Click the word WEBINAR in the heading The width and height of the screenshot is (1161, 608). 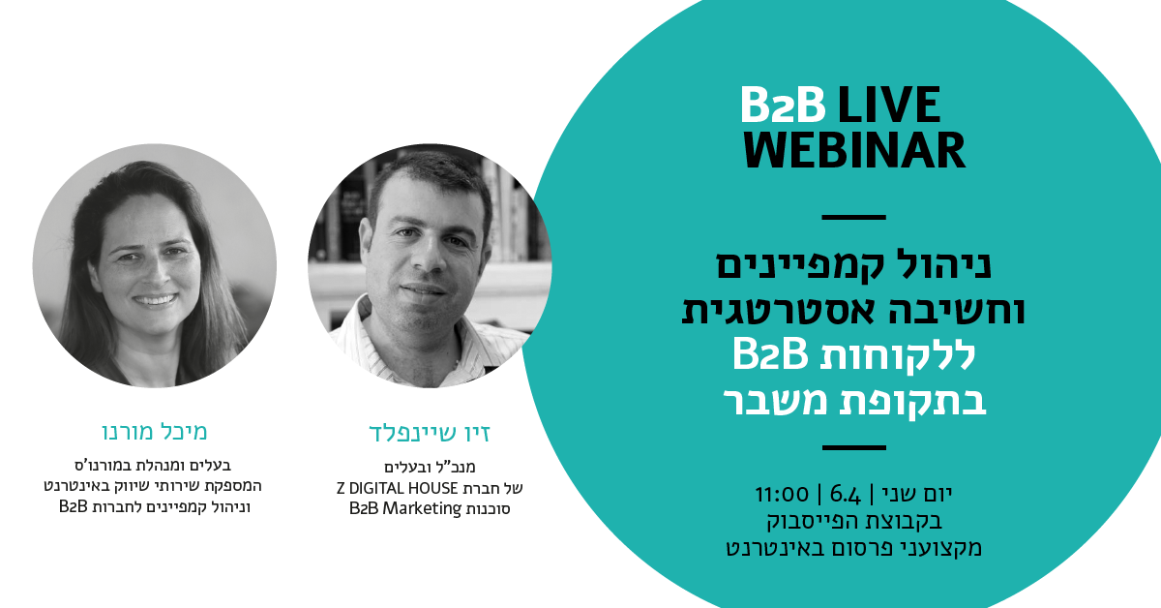tap(854, 150)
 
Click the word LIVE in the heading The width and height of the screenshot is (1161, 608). tap(889, 105)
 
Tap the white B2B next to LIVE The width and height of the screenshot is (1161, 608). tap(783, 105)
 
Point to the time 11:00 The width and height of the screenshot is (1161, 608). tap(782, 495)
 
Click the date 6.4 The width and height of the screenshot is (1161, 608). tap(846, 495)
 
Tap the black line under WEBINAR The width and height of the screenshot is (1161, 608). tap(853, 218)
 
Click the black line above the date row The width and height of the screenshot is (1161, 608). tap(853, 447)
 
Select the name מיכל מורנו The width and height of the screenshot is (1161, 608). tap(155, 432)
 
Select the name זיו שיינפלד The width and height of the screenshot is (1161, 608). tap(430, 434)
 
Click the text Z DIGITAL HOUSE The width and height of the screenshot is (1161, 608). tap(397, 488)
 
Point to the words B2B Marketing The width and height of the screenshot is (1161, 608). tap(405, 508)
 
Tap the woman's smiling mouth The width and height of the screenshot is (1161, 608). tap(155, 300)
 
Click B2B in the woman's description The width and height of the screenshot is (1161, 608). tap(74, 506)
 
